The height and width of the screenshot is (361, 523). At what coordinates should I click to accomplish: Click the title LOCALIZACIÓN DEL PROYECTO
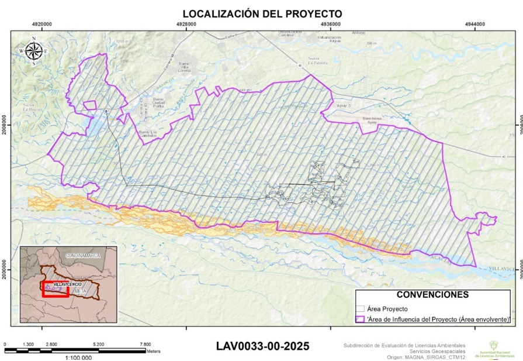click(x=262, y=13)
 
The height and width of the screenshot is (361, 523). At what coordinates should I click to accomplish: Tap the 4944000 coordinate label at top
click(x=474, y=24)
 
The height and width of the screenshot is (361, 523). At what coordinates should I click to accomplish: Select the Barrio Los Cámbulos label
click(x=148, y=134)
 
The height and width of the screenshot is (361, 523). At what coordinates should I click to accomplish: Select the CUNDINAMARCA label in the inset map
click(x=82, y=256)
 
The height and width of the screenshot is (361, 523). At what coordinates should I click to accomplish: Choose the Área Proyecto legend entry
click(x=387, y=308)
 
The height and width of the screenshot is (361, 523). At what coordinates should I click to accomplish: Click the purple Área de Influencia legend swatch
click(x=361, y=319)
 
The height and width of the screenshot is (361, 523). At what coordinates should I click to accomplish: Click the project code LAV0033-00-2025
click(x=262, y=346)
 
